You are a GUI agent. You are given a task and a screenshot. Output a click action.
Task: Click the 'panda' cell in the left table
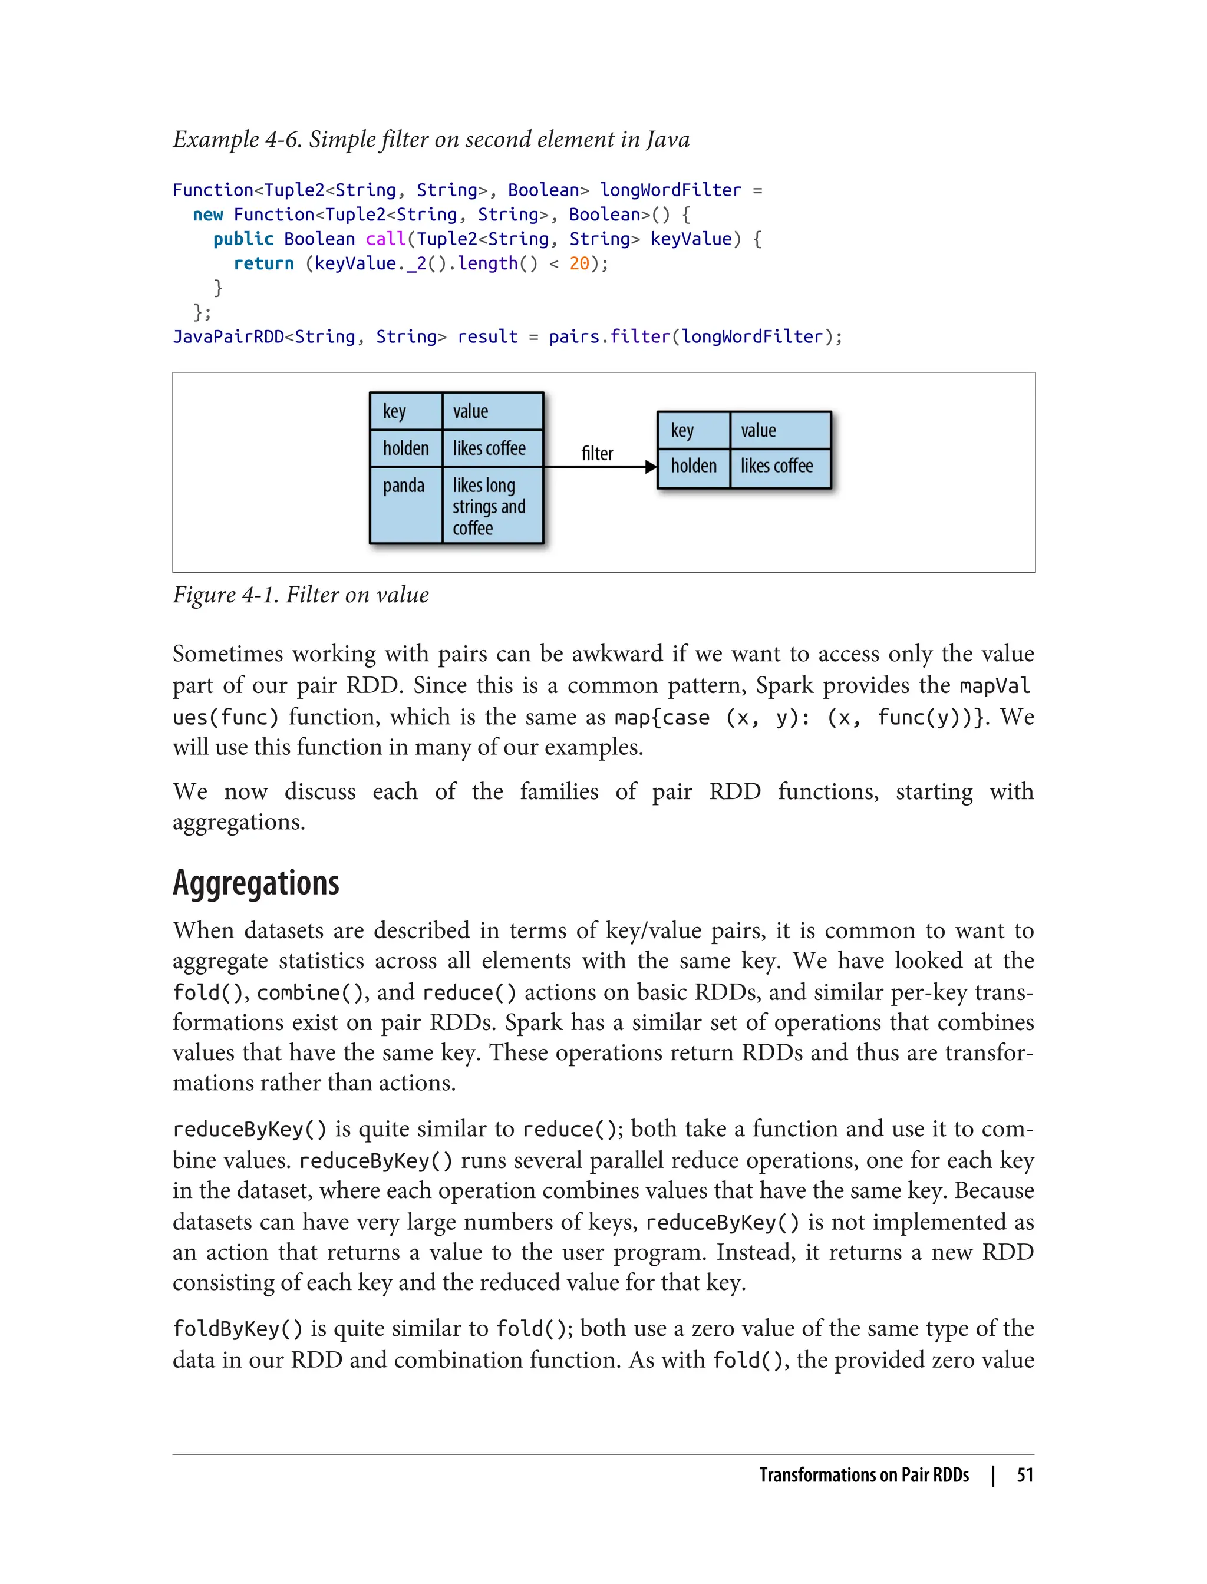point(404,486)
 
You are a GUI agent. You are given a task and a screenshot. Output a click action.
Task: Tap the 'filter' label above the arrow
point(597,453)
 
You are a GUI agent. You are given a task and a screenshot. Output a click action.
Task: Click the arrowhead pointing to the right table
point(651,467)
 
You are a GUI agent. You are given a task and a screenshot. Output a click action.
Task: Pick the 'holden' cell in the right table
point(693,466)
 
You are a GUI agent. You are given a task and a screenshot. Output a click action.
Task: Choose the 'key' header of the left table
point(394,412)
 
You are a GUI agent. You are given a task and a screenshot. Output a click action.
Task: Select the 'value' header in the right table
point(758,430)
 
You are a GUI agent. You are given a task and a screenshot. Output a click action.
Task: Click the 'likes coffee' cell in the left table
point(489,448)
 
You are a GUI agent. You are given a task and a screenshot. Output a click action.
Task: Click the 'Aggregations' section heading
point(256,883)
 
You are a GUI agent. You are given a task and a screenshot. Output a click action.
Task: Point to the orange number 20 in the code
point(579,263)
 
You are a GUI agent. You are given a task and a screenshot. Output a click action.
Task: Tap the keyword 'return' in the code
point(263,263)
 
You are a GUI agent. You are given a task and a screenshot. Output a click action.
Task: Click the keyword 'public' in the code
point(243,239)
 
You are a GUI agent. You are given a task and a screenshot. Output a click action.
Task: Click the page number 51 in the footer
point(1025,1475)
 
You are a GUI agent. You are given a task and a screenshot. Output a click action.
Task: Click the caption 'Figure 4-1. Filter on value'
point(301,595)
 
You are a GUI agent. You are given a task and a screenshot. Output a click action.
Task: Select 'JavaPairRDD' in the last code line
point(229,337)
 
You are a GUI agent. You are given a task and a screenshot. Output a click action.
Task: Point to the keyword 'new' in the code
point(209,214)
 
